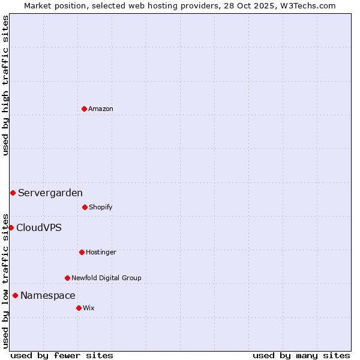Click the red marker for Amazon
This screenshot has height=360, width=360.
tap(84, 109)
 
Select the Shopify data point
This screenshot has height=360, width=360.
tap(85, 207)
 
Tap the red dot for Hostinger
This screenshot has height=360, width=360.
tap(82, 252)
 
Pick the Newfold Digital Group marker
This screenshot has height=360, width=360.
tap(67, 278)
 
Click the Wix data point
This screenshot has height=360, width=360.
tap(79, 308)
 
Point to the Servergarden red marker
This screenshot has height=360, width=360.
tap(13, 193)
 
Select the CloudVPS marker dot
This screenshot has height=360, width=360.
tap(11, 227)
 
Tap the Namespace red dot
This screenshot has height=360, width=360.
tap(15, 295)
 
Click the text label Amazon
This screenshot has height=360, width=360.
tap(101, 109)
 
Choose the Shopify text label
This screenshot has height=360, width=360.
tap(101, 207)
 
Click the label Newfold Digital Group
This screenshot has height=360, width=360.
tap(107, 278)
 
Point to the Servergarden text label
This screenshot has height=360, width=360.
tap(50, 193)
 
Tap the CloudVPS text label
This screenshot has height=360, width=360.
tap(39, 227)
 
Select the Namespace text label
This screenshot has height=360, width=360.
tap(48, 295)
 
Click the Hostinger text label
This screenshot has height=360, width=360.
tap(101, 252)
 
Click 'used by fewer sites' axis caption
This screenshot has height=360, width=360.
tap(62, 355)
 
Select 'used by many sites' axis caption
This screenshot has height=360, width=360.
tap(301, 355)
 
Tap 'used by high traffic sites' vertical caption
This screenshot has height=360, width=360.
tap(5, 85)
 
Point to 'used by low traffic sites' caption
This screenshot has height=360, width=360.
tap(5, 280)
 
